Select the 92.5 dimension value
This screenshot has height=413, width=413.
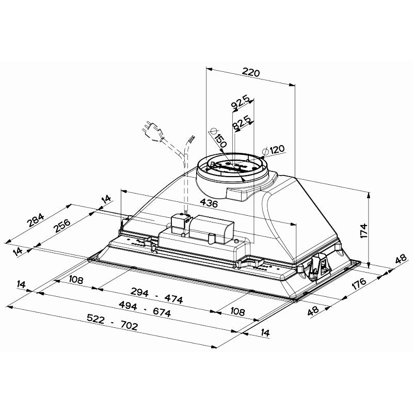(x=241, y=102)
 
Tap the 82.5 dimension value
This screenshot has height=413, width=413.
(x=242, y=122)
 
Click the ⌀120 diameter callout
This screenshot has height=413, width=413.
(x=274, y=150)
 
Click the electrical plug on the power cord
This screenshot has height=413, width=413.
(x=151, y=129)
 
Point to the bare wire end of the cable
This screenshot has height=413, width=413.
(x=192, y=139)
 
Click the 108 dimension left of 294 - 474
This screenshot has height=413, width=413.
(x=76, y=280)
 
